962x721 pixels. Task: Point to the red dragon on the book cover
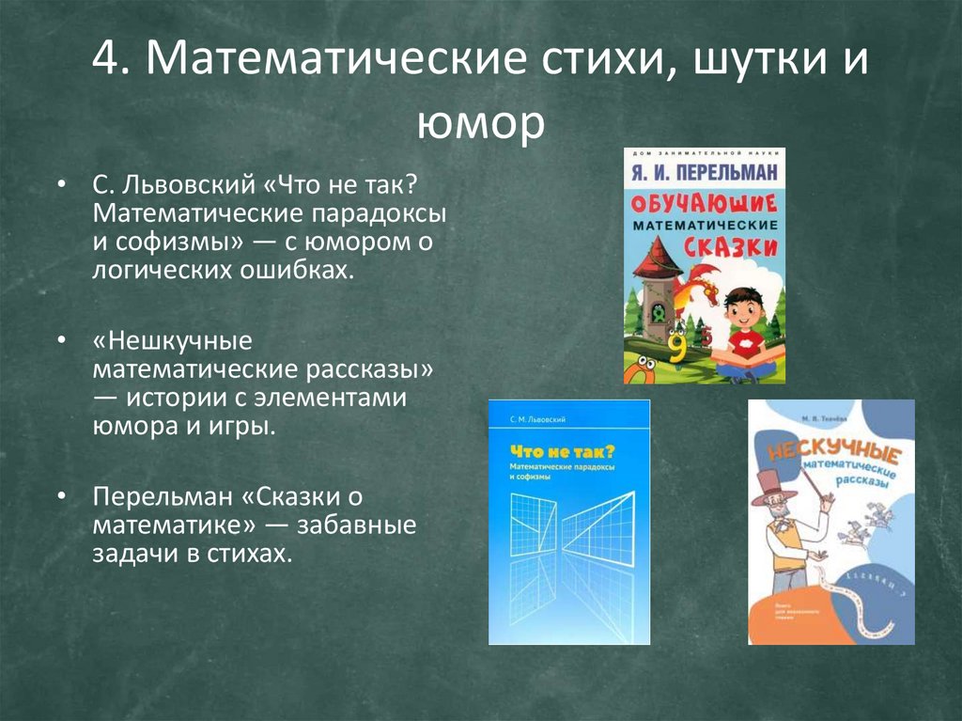[x=700, y=283]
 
